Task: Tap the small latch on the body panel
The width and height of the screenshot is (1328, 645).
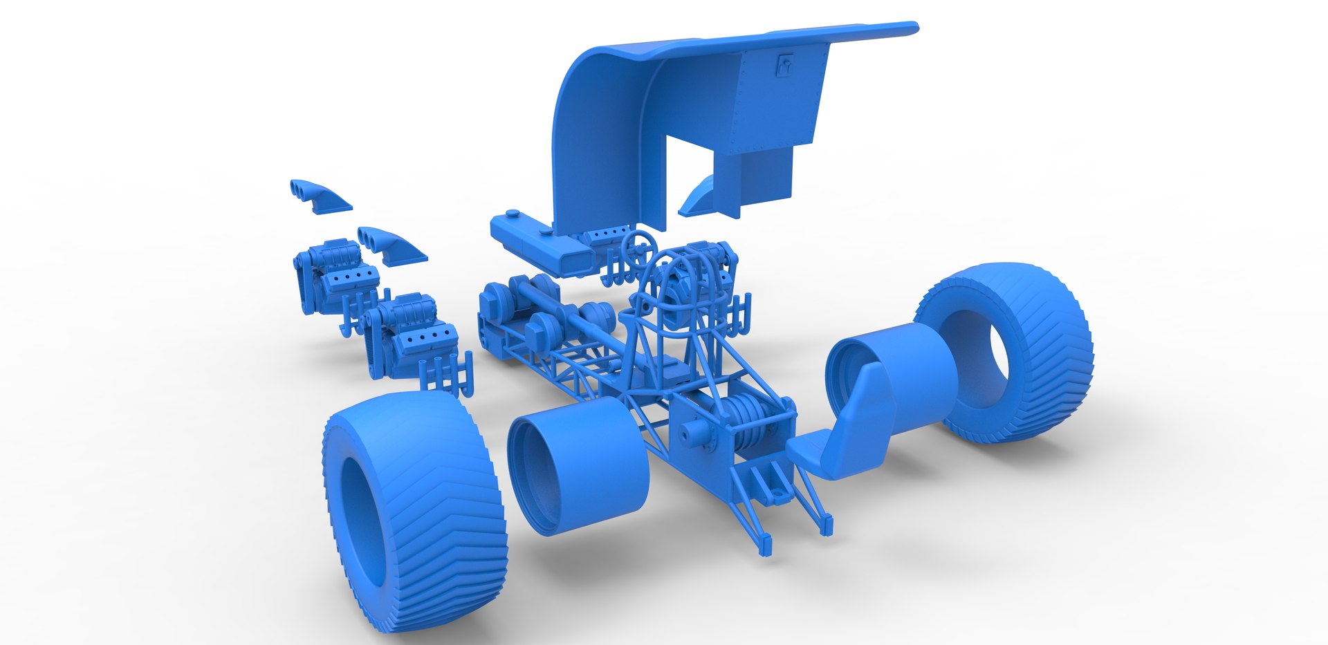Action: click(x=784, y=64)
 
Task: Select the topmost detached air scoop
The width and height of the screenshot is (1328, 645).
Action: click(x=320, y=196)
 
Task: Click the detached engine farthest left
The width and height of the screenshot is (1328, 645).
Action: click(x=332, y=273)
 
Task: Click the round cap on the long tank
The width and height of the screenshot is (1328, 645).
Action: click(x=513, y=215)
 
